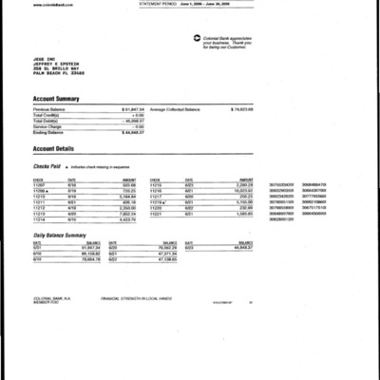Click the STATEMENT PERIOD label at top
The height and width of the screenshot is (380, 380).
159,4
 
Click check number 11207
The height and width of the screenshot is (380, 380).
40,184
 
